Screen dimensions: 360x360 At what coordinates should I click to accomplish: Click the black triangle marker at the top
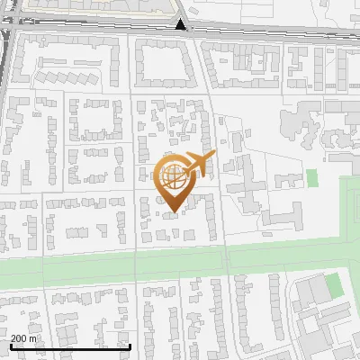(x=181, y=24)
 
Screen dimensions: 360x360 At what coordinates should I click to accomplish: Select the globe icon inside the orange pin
(x=175, y=177)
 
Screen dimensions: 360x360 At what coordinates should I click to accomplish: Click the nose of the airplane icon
(x=213, y=157)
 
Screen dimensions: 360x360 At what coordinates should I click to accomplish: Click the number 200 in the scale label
(x=19, y=338)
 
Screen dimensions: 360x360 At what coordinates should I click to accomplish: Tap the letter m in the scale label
(x=33, y=338)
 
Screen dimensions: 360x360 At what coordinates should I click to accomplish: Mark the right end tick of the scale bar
(x=130, y=346)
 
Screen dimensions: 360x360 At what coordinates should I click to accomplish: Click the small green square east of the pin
(x=312, y=177)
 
